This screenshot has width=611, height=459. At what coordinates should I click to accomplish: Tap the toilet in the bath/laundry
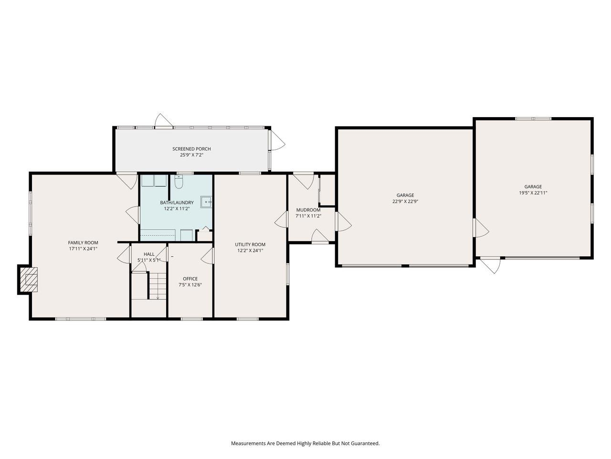click(x=179, y=182)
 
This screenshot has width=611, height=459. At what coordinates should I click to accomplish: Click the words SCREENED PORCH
click(x=191, y=149)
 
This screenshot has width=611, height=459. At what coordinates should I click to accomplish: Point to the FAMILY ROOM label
click(x=83, y=243)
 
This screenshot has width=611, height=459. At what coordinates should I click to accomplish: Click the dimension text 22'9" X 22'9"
click(x=405, y=201)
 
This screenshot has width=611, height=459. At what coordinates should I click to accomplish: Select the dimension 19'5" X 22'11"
click(x=533, y=193)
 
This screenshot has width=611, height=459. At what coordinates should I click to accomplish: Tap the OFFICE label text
click(x=190, y=279)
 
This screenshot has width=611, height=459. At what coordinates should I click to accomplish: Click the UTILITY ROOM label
click(x=250, y=244)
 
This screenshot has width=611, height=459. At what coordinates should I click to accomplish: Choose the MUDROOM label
click(x=308, y=210)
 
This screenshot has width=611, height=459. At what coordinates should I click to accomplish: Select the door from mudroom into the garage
click(x=343, y=222)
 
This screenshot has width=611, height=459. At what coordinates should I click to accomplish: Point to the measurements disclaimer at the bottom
click(x=305, y=443)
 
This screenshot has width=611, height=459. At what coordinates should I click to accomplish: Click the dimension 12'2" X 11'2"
click(x=177, y=208)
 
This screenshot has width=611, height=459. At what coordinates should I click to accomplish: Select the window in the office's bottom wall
click(x=191, y=318)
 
